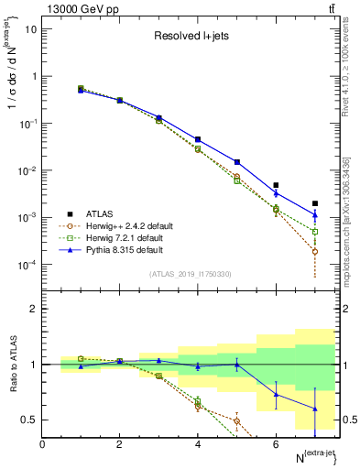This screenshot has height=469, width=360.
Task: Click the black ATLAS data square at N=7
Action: click(314, 203)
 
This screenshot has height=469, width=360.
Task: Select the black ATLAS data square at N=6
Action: click(276, 185)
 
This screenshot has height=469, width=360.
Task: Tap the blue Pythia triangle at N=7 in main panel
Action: click(314, 215)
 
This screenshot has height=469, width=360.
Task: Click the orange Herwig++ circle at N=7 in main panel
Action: click(314, 251)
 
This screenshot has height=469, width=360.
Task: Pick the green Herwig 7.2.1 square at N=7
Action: click(314, 232)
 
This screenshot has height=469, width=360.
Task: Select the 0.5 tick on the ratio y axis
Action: click(28, 420)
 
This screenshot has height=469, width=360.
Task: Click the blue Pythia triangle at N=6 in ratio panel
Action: click(276, 395)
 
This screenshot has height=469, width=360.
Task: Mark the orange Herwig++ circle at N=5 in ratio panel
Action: click(236, 421)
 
